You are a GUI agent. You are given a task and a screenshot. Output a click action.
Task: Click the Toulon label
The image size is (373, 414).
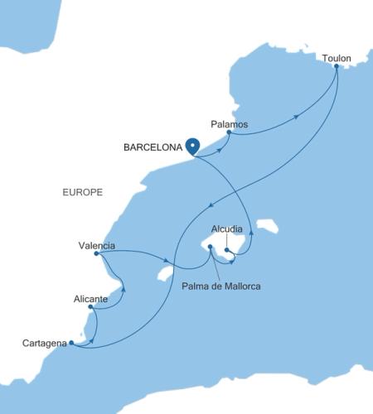click(336, 58)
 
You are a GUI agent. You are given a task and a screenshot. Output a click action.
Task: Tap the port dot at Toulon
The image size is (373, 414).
click(336, 66)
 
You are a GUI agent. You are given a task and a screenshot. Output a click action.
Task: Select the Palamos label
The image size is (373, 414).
click(229, 123)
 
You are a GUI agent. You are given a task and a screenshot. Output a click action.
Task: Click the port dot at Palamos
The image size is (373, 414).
click(229, 133)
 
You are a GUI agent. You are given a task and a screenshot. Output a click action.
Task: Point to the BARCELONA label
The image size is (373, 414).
click(152, 149)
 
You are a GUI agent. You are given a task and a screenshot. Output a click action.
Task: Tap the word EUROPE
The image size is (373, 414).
click(82, 192)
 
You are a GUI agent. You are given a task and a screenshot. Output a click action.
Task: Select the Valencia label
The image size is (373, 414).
click(96, 245)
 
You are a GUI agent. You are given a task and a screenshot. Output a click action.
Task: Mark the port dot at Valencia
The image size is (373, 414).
click(97, 254)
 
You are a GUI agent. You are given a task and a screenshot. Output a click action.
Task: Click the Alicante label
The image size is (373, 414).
click(90, 297)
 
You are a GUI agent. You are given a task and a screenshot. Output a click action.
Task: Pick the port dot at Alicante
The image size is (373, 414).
click(90, 306)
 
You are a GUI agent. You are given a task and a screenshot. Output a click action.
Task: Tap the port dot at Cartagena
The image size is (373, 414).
click(71, 342)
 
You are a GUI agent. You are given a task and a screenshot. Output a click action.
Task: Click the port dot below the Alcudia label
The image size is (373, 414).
click(226, 249)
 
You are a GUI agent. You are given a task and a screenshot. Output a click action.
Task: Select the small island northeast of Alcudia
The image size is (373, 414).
click(267, 225)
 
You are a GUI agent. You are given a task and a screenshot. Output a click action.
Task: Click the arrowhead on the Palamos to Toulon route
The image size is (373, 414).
click(297, 118)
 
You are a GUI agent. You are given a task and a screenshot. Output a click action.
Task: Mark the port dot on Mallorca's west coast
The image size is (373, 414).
click(211, 247)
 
